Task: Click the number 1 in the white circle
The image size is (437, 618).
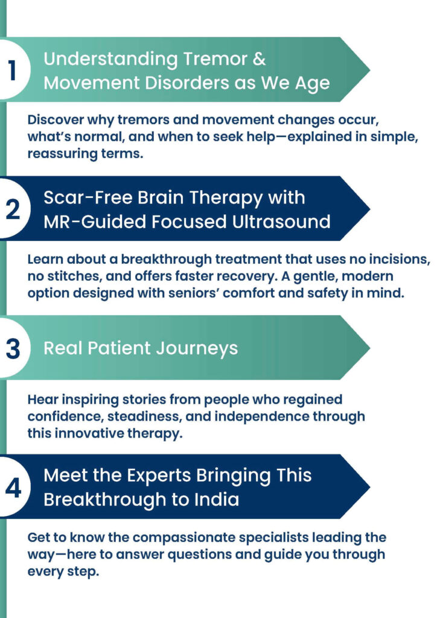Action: (x=12, y=71)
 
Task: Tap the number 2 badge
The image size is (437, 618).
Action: (x=13, y=209)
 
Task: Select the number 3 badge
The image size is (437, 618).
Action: (x=13, y=348)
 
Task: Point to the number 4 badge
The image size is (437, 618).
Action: (x=13, y=487)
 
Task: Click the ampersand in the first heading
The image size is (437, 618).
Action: (x=259, y=59)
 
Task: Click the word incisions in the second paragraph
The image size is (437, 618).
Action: (x=401, y=259)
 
